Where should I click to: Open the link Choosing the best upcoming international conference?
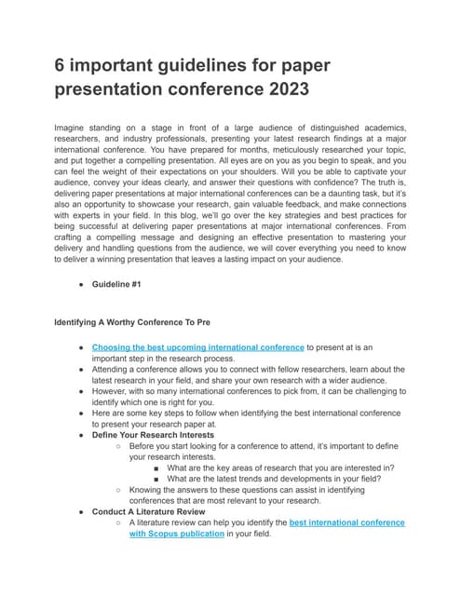pyautogui.click(x=197, y=347)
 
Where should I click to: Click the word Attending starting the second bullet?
pyautogui.click(x=115, y=372)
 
